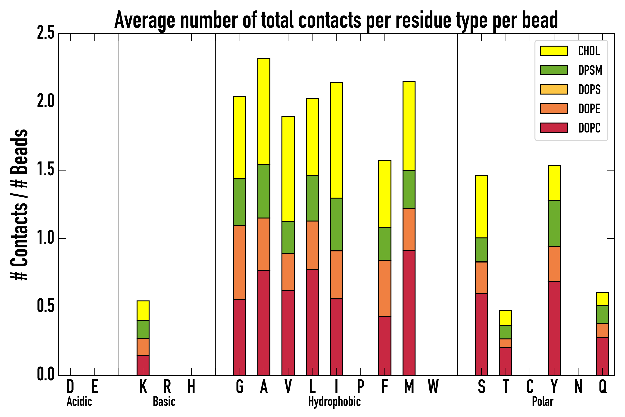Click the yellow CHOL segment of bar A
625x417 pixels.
[264, 111]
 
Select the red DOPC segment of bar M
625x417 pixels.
[409, 313]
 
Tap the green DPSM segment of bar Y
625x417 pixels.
[554, 223]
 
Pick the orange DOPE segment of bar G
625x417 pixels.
[239, 262]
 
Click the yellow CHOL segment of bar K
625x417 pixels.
[143, 310]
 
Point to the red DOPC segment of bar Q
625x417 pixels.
[602, 356]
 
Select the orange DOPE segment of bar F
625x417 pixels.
[384, 288]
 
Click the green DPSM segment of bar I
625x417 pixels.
[336, 224]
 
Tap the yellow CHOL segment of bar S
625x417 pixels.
[481, 206]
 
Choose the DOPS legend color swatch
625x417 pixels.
[554, 89]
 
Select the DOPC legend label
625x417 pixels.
[589, 128]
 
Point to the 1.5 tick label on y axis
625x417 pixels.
[45, 170]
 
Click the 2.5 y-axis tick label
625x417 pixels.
[45, 34]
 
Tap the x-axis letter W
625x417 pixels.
[433, 387]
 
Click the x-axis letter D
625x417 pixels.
[70, 387]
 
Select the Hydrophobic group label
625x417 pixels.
[334, 401]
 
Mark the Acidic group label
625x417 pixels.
[79, 401]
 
